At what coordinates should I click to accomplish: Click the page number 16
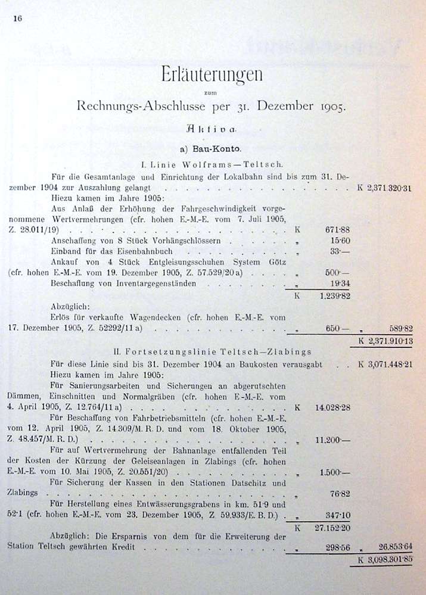[17, 18]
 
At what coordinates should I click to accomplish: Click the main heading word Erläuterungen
[212, 76]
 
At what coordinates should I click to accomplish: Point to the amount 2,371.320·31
[390, 188]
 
